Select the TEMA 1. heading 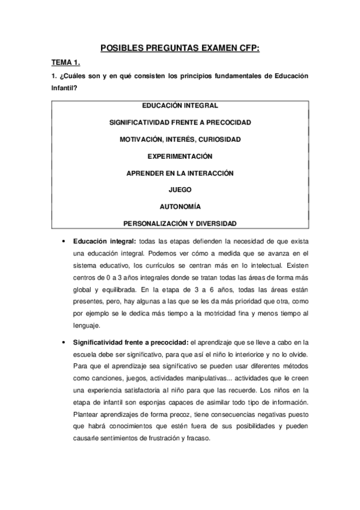pyautogui.click(x=66, y=62)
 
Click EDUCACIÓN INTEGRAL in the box pyautogui.click(x=180, y=105)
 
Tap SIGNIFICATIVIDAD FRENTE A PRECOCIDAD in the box pyautogui.click(x=180, y=122)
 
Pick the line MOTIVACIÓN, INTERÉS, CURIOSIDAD pyautogui.click(x=180, y=140)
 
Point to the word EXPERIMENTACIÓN pyautogui.click(x=180, y=156)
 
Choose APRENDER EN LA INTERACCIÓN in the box pyautogui.click(x=180, y=173)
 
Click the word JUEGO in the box pyautogui.click(x=180, y=189)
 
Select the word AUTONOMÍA pyautogui.click(x=180, y=206)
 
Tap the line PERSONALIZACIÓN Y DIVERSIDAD pyautogui.click(x=180, y=223)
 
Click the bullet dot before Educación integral pyautogui.click(x=64, y=241)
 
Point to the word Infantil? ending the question pyautogui.click(x=64, y=88)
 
